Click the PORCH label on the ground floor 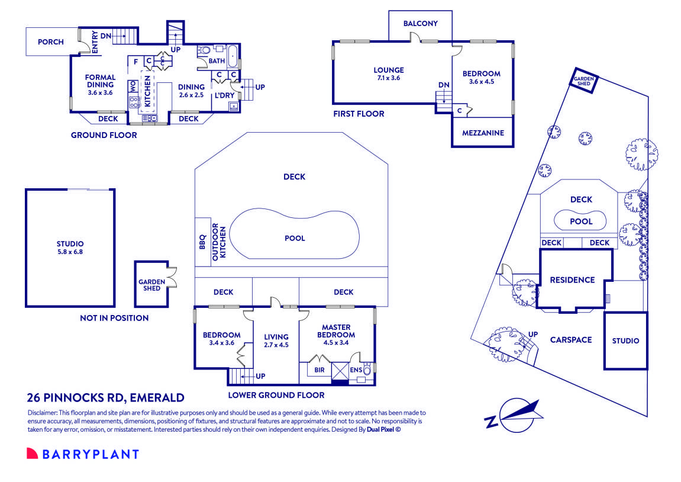click(50, 42)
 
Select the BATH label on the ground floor click(217, 61)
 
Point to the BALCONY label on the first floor click(420, 24)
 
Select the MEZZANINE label click(483, 133)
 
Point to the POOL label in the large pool click(295, 238)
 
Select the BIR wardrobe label click(319, 369)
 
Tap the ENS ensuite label click(356, 370)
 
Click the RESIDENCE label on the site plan click(572, 279)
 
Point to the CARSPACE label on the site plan click(570, 340)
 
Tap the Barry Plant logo click(83, 454)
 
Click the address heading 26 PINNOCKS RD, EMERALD click(106, 398)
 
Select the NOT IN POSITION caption click(114, 318)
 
